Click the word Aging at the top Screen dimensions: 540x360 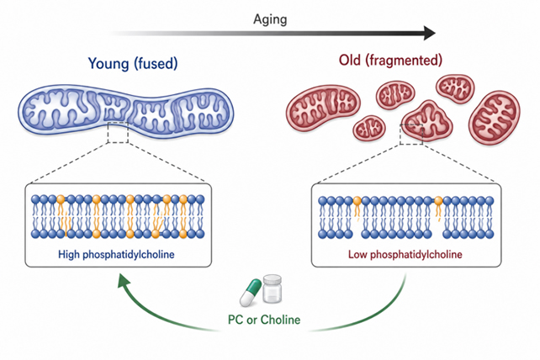[270, 19]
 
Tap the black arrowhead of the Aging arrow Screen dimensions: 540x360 [430, 33]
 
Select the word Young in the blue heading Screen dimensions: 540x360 [109, 64]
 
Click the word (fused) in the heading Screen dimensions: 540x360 [156, 64]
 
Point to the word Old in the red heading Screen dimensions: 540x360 [350, 60]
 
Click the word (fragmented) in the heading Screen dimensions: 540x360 [404, 61]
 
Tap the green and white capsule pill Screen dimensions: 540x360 [251, 293]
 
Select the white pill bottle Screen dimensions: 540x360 [273, 289]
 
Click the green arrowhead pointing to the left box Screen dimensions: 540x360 [124, 280]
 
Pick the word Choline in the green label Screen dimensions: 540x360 [280, 320]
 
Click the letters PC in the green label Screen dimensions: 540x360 [236, 320]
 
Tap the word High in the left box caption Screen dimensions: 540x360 [69, 254]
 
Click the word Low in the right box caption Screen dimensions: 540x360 [357, 254]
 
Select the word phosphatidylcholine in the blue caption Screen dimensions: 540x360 [129, 255]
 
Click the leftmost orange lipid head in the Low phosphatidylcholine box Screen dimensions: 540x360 [357, 200]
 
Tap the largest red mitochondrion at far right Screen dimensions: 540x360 [495, 117]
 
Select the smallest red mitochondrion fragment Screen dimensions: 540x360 [369, 128]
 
